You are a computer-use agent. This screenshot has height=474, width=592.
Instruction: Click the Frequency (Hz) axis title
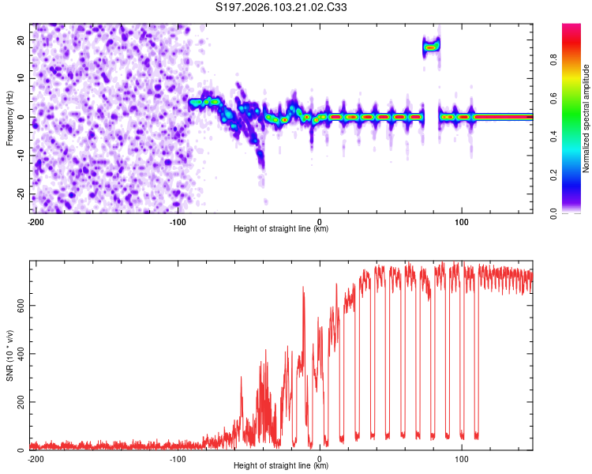[x=9, y=118]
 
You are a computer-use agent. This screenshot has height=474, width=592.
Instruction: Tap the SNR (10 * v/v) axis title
[x=9, y=356]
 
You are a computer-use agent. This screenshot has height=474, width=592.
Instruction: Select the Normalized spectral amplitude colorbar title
[x=586, y=118]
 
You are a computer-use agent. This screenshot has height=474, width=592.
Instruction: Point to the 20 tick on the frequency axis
[x=21, y=39]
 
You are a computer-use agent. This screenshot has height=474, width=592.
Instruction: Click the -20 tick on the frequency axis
[x=20, y=194]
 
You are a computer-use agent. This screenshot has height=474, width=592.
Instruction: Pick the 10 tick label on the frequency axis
[x=21, y=78]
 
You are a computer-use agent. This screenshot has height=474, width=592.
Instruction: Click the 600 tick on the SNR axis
[x=18, y=304]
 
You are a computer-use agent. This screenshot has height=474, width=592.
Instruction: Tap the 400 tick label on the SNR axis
[x=18, y=353]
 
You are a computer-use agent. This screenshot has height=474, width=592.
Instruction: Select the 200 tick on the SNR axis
[x=18, y=402]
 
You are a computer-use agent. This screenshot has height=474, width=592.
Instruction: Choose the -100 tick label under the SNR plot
[x=178, y=458]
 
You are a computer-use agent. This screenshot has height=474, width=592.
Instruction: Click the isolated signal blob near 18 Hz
[x=431, y=47]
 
